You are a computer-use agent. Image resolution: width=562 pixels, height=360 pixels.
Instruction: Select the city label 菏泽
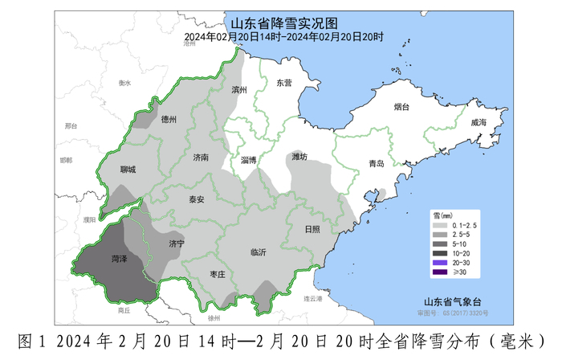(120, 260)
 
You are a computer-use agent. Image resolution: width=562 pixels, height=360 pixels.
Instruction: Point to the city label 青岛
(376, 164)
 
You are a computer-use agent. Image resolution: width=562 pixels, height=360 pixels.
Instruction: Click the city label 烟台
(401, 107)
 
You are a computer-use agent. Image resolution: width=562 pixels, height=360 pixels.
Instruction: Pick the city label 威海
(479, 122)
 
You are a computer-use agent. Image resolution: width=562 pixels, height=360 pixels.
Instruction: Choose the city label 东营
(284, 83)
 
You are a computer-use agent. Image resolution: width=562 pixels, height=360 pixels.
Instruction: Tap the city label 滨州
(238, 90)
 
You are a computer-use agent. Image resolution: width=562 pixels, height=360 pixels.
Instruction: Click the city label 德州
(169, 120)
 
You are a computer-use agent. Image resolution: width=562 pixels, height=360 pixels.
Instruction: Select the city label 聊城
(127, 170)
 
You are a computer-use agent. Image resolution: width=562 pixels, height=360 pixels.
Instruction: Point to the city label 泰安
(197, 199)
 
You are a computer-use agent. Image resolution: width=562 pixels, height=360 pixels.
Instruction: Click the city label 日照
(312, 228)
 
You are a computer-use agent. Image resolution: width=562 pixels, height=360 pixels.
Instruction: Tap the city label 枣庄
(217, 274)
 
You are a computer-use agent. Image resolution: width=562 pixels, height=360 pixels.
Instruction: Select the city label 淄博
(249, 160)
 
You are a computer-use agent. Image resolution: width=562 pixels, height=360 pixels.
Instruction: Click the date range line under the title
(283, 37)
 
